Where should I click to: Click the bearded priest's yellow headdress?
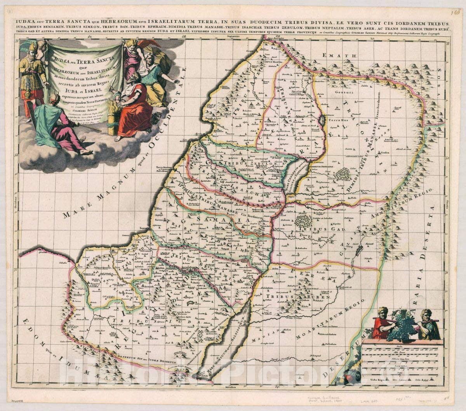33,47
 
